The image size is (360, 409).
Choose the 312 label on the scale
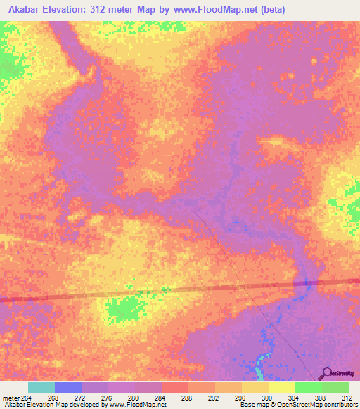click(347, 397)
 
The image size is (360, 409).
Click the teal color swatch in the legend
click(41, 387)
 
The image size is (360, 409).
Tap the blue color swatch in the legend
click(68, 387)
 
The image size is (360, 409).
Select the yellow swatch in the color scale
click(281, 387)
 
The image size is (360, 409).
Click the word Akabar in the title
click(22, 10)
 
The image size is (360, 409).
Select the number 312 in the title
click(105, 10)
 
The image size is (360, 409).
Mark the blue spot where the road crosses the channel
click(307, 283)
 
